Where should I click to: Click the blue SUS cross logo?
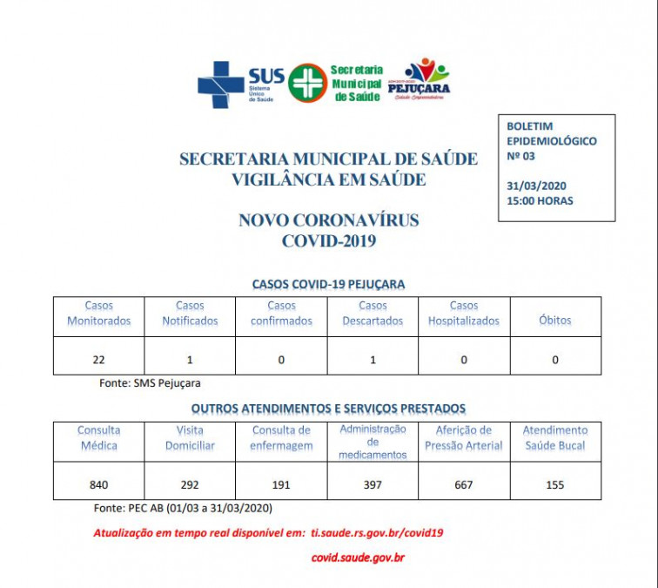221,84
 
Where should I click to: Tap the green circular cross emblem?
307,83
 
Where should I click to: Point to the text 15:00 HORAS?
540,201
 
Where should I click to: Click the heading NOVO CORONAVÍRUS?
328,220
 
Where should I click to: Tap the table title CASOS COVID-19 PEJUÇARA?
328,284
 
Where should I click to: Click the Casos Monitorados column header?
99,314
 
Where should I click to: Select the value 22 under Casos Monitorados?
98,360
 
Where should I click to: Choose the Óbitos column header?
555,320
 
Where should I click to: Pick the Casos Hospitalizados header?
464,314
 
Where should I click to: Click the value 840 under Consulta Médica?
99,484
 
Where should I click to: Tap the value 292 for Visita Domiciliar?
190,484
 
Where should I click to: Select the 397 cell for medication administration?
373,484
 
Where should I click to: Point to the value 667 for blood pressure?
464,484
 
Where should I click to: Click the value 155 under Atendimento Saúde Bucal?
555,484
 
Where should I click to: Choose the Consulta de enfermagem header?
281,437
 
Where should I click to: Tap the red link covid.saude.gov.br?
358,557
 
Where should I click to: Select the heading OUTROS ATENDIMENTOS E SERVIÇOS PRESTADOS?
328,408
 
